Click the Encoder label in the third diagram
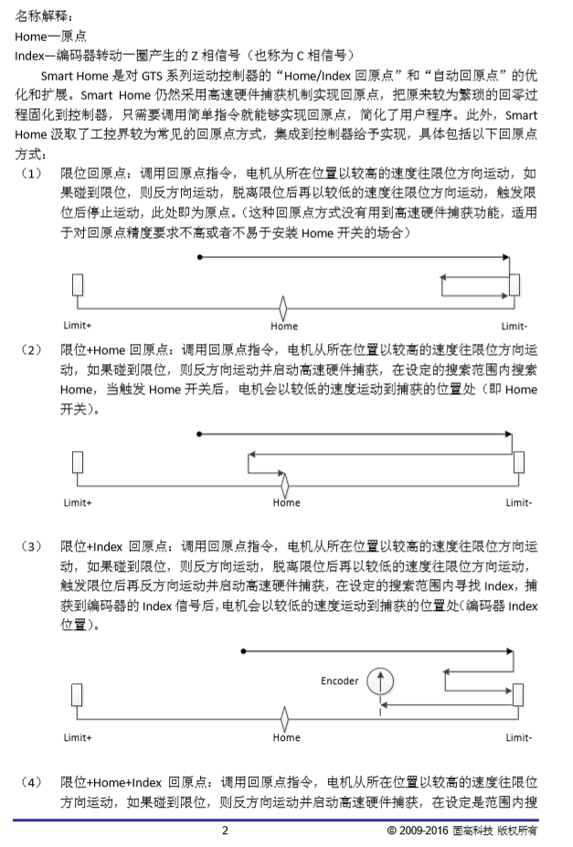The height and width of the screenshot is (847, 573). (x=339, y=681)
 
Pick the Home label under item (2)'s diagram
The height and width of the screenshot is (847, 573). (x=286, y=502)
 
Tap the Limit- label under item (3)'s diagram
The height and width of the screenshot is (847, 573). (x=519, y=737)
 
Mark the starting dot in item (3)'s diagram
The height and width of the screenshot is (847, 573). (x=242, y=651)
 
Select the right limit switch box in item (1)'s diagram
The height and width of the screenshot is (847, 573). (x=515, y=285)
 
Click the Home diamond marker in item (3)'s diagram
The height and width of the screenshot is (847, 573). (x=285, y=717)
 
